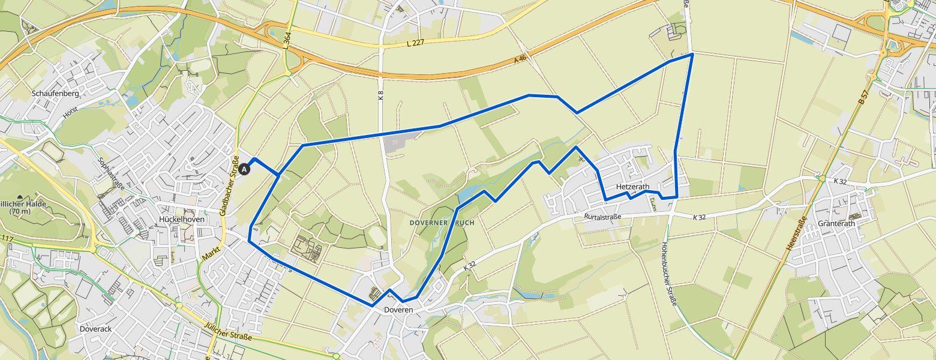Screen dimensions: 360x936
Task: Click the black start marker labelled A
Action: (244, 170)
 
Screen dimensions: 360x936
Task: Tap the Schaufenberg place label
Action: (55, 94)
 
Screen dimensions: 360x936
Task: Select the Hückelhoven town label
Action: (182, 220)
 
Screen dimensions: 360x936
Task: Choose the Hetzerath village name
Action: (632, 187)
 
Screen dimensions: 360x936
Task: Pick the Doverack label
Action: (95, 329)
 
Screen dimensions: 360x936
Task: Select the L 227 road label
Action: (415, 43)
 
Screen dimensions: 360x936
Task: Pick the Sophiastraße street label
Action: (111, 174)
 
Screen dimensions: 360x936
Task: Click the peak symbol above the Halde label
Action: (20, 197)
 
